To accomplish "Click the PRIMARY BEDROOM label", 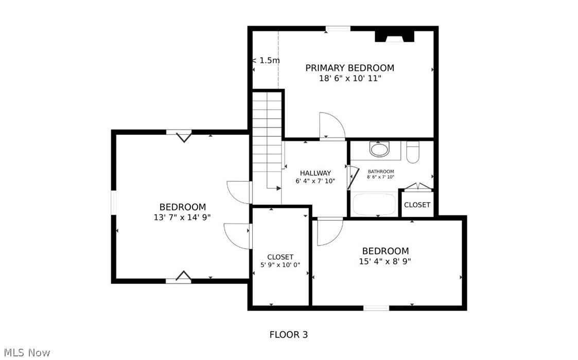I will point(349,68).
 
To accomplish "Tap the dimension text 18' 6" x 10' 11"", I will point(349,79).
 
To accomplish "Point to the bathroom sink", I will point(380,150).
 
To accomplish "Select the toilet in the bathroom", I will point(413,152).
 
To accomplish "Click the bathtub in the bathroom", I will point(374,204).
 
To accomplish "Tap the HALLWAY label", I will point(316,173).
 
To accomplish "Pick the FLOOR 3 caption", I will point(288,335).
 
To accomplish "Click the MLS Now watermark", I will point(25,352).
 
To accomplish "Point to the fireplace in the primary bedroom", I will point(394,37).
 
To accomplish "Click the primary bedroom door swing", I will point(331,126).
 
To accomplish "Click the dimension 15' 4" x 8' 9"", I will point(385,261).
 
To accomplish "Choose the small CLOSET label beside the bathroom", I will point(417,205).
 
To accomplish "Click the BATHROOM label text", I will point(380,172).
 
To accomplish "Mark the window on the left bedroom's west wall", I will point(114,201).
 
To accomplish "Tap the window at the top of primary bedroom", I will point(338,29).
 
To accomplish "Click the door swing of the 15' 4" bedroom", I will point(329,231).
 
